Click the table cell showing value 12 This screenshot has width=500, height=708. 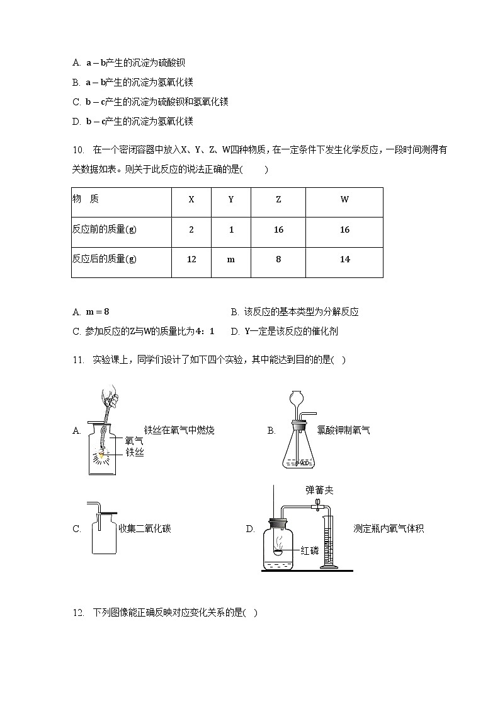click(x=191, y=260)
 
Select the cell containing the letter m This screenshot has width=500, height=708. click(x=231, y=260)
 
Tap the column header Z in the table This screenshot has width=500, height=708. click(x=278, y=200)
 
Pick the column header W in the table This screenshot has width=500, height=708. click(x=344, y=200)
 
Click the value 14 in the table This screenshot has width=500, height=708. click(x=344, y=260)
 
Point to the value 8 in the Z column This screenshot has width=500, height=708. click(x=278, y=260)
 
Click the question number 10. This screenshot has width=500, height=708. click(x=78, y=150)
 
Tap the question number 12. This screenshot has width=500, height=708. click(x=78, y=613)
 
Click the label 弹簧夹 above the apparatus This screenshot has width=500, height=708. click(x=319, y=489)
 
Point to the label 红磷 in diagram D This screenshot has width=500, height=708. click(x=310, y=550)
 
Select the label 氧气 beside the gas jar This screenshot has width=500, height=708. click(x=134, y=441)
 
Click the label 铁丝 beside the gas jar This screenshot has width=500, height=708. click(x=134, y=453)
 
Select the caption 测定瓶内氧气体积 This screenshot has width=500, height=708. click(x=389, y=529)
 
